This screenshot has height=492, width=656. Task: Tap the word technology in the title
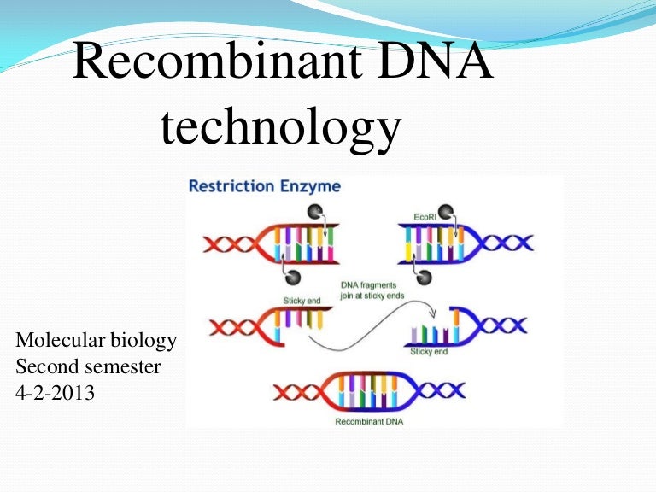click(x=280, y=128)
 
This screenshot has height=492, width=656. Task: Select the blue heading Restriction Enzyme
click(x=264, y=185)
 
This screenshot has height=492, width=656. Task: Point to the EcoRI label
click(x=425, y=218)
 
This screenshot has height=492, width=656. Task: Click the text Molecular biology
click(x=96, y=341)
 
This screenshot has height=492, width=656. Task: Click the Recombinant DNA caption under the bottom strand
click(x=368, y=420)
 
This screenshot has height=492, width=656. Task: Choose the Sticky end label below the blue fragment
click(x=429, y=351)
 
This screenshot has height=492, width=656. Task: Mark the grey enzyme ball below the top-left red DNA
click(x=292, y=277)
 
